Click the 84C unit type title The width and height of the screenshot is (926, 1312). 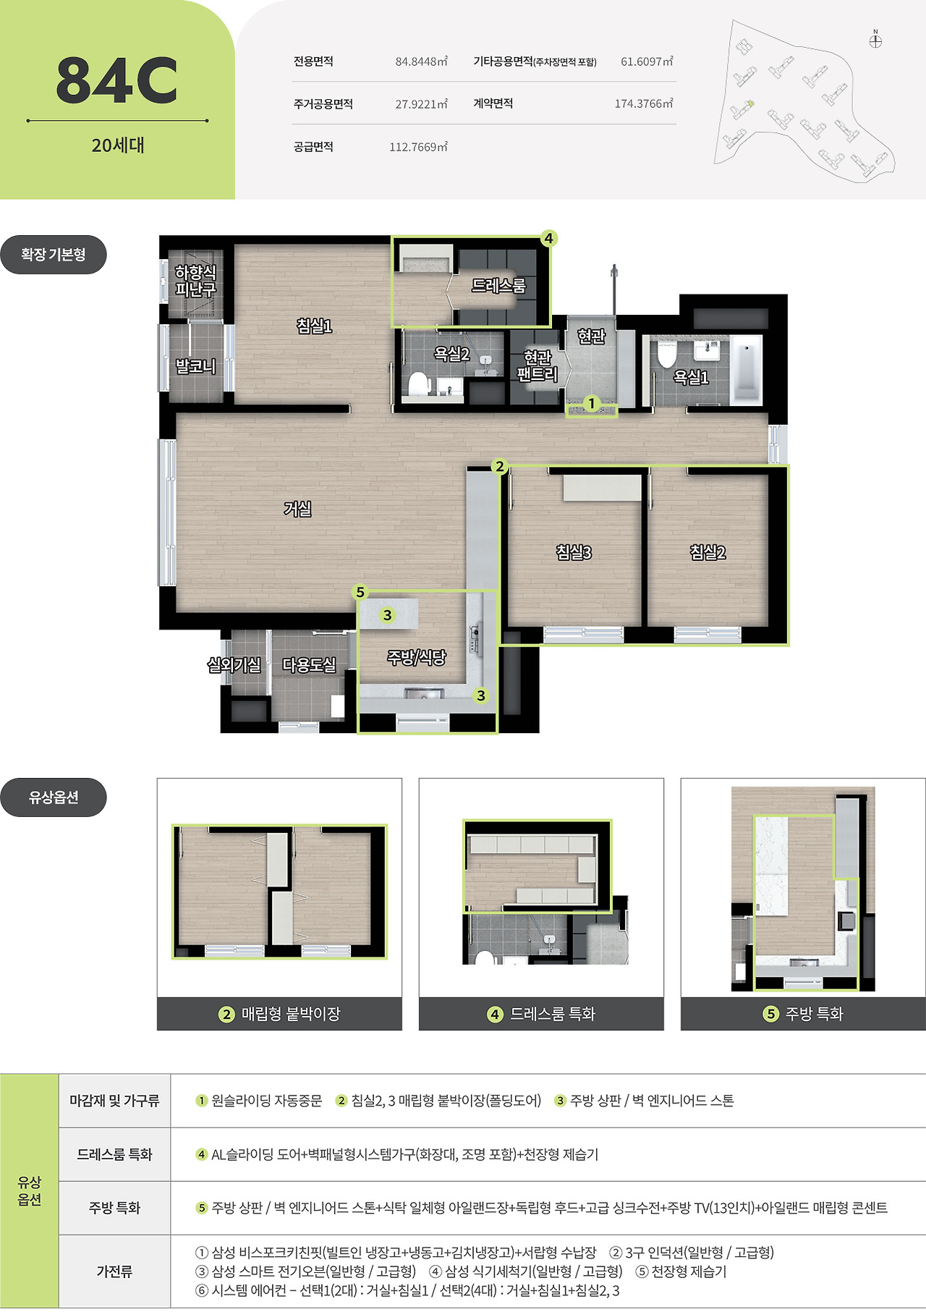point(117,80)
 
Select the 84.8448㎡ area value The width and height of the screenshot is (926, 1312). point(421,62)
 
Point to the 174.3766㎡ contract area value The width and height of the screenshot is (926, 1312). point(644,103)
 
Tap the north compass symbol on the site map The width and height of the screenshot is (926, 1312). point(875,41)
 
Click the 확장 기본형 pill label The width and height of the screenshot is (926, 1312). point(54,255)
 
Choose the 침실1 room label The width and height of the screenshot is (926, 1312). point(315,326)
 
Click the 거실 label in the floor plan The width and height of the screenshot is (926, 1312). point(297,509)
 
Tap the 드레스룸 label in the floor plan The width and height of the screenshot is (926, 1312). point(499,286)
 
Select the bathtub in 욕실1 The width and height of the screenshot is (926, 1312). point(747,369)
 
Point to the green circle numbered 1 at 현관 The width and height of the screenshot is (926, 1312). point(592,403)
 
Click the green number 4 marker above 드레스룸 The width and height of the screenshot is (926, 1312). point(548,238)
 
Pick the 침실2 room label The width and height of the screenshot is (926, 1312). point(708,552)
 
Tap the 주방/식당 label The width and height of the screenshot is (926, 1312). point(417,658)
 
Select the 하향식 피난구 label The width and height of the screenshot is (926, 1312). point(195,281)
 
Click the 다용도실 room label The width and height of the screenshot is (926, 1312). point(309,665)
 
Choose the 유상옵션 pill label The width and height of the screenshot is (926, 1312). point(54,797)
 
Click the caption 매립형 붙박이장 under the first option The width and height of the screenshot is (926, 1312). point(291,1014)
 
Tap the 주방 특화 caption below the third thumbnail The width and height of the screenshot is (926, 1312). point(815,1014)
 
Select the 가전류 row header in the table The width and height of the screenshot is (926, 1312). point(114,1271)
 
